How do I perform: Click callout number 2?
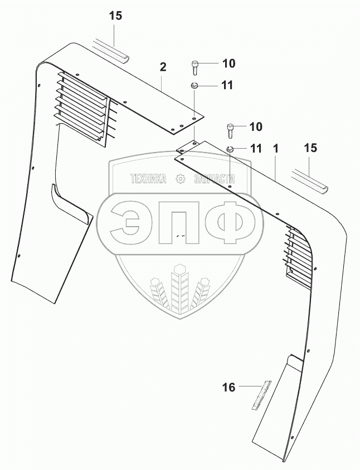click(x=163, y=67)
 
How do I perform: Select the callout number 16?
click(x=230, y=387)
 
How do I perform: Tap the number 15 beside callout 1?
click(x=310, y=148)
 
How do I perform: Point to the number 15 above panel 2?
click(x=115, y=16)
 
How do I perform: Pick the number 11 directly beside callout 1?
click(x=255, y=149)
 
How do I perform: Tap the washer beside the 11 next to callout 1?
click(x=230, y=149)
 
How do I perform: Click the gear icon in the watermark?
click(x=180, y=179)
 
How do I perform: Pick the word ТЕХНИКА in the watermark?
click(x=148, y=179)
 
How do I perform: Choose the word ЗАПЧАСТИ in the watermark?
click(x=214, y=179)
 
